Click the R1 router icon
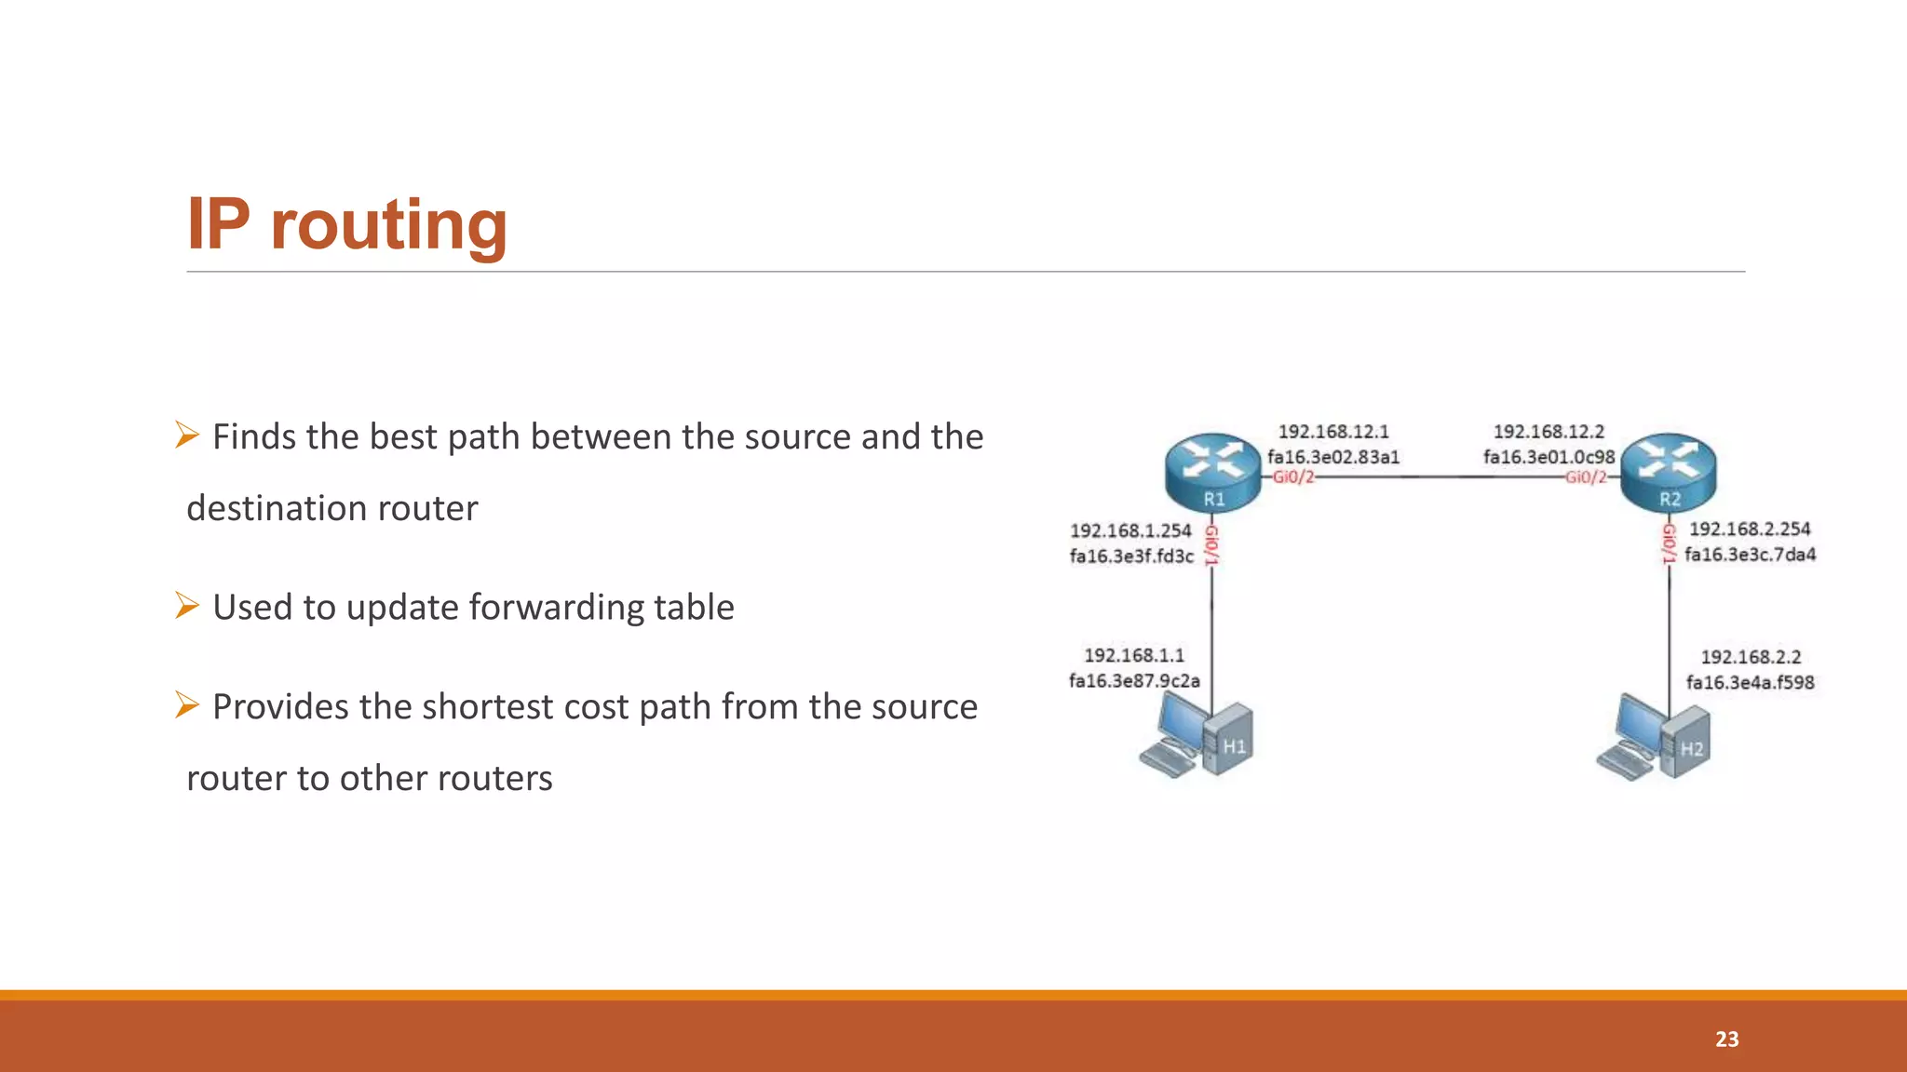1212,470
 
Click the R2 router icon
1669,470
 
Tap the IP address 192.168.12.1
1332,432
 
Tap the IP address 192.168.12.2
1549,432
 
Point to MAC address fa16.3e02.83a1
1332,457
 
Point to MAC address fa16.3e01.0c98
1549,457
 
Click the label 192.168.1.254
1130,530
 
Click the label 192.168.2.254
1750,529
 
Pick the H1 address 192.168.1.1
1134,655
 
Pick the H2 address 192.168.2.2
1751,657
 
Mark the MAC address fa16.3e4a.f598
1750,682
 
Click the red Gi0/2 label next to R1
1293,477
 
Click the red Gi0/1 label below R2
1669,543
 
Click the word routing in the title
388,225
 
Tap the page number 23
1726,1039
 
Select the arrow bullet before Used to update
187,606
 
